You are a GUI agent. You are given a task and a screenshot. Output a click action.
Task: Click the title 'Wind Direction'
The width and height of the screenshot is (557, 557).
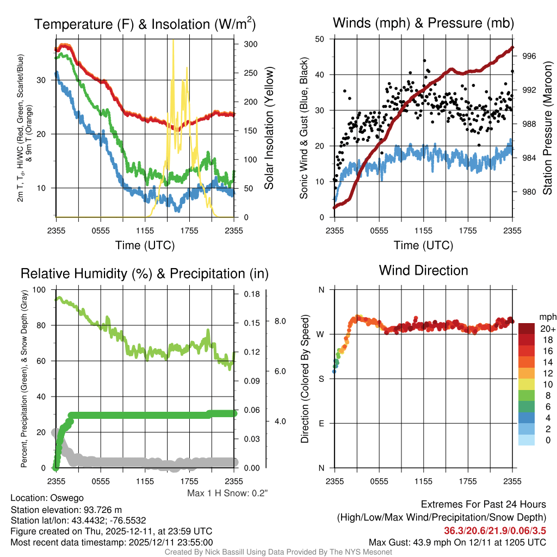(423, 270)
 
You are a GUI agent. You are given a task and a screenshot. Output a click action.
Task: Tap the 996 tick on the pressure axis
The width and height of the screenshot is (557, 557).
(529, 56)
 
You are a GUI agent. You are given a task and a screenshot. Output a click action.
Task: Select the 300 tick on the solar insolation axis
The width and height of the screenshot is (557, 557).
(251, 44)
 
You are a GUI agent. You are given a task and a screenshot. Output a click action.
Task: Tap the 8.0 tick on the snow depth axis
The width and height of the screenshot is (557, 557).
(280, 321)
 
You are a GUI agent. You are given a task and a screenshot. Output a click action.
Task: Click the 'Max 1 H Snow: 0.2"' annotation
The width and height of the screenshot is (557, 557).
(227, 493)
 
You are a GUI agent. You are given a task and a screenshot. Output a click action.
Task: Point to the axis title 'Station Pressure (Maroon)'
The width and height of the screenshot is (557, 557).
(548, 128)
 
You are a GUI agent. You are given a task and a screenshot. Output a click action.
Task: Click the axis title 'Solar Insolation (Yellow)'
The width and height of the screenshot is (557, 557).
(269, 128)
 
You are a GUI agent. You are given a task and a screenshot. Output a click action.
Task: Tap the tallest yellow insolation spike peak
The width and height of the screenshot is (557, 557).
(173, 41)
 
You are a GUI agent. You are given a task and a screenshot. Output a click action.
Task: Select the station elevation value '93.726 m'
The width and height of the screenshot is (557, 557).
(100, 509)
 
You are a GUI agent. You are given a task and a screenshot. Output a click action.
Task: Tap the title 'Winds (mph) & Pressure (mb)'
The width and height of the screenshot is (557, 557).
(423, 23)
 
